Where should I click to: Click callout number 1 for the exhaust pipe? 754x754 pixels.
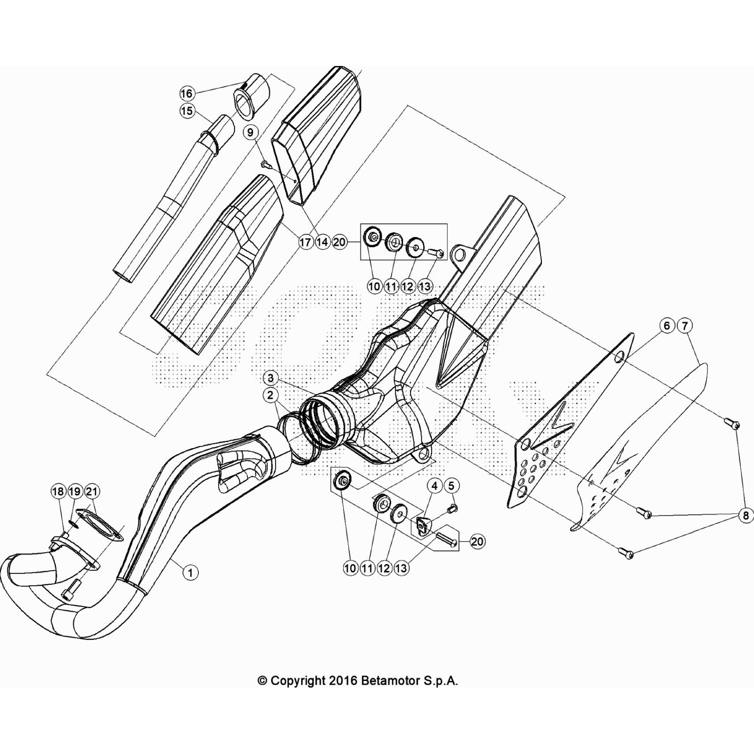pos(190,573)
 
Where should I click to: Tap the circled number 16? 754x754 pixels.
pos(187,93)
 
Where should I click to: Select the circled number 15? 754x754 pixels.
pos(187,111)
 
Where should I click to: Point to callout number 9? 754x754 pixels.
pos(250,132)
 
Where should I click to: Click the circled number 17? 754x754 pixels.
pos(305,242)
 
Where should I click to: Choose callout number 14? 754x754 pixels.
pos(322,242)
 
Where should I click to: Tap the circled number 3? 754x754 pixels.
pos(270,378)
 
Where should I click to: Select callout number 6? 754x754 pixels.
pos(667,326)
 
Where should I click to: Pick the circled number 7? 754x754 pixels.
pos(684,326)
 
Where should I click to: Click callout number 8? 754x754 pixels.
pos(746,516)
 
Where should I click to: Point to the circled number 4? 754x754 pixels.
pos(434,485)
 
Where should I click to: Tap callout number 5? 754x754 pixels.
pos(451,485)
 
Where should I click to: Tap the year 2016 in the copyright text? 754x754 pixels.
pos(342,680)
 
